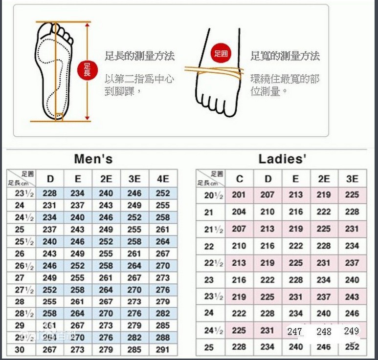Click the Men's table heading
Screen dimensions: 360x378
point(93,159)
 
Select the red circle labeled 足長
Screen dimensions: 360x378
point(88,70)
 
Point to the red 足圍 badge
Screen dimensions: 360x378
point(220,53)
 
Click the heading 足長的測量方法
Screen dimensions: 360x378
point(140,56)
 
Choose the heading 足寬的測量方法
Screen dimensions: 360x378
point(285,56)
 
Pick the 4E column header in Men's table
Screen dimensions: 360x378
point(163,178)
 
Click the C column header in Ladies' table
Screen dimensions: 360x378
point(239,179)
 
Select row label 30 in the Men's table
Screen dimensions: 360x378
point(20,350)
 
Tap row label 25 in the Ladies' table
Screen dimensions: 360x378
point(209,347)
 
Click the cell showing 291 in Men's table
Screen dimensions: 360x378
point(163,350)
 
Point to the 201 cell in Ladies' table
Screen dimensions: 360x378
point(239,195)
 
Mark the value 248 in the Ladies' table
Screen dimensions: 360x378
point(324,332)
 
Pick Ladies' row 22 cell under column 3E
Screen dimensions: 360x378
point(352,246)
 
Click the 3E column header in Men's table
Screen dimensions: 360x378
point(134,178)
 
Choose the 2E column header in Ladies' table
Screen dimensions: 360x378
point(324,179)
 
